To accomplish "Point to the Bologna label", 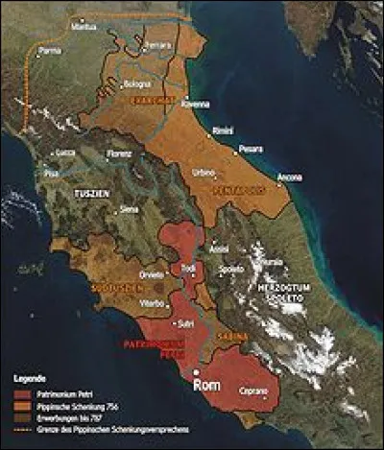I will [x=132, y=85].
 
